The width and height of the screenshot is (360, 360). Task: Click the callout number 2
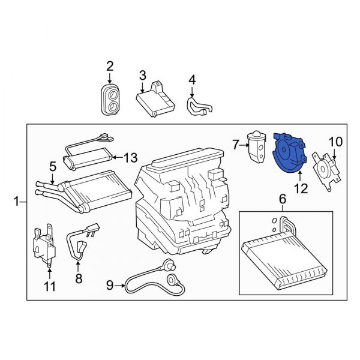point(110,65)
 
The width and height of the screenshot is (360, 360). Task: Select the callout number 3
point(143,75)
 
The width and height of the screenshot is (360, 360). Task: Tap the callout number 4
point(192,79)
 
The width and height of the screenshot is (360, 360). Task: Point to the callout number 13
point(131,158)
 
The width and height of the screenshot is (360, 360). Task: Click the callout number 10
point(335,142)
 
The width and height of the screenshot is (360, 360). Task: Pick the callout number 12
point(299,188)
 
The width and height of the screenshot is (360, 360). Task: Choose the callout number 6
point(282,199)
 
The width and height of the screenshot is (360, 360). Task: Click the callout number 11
point(50,287)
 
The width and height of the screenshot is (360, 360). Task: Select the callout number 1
point(16,203)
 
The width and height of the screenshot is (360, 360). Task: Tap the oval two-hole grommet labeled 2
point(110,100)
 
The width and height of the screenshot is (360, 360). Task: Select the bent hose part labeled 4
point(199,107)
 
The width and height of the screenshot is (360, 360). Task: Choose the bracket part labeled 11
point(44,244)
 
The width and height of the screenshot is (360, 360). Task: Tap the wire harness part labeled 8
point(82,242)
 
